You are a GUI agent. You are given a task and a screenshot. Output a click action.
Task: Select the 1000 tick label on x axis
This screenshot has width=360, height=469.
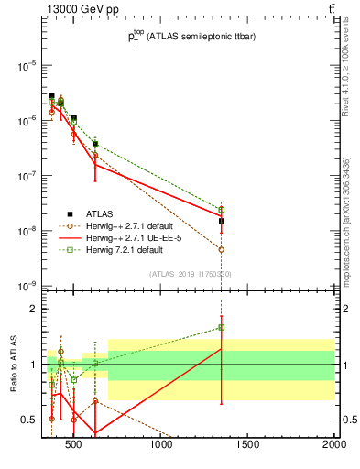pyautogui.click(x=162, y=446)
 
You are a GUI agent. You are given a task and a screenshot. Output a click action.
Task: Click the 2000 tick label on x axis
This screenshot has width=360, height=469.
pyautogui.click(x=333, y=446)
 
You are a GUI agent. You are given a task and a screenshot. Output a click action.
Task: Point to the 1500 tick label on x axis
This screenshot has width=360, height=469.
pyautogui.click(x=248, y=446)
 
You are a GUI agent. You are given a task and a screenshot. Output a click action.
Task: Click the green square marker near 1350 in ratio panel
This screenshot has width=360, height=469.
pyautogui.click(x=222, y=327)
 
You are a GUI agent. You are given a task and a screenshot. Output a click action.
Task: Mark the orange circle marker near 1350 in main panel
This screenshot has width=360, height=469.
pyautogui.click(x=222, y=249)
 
